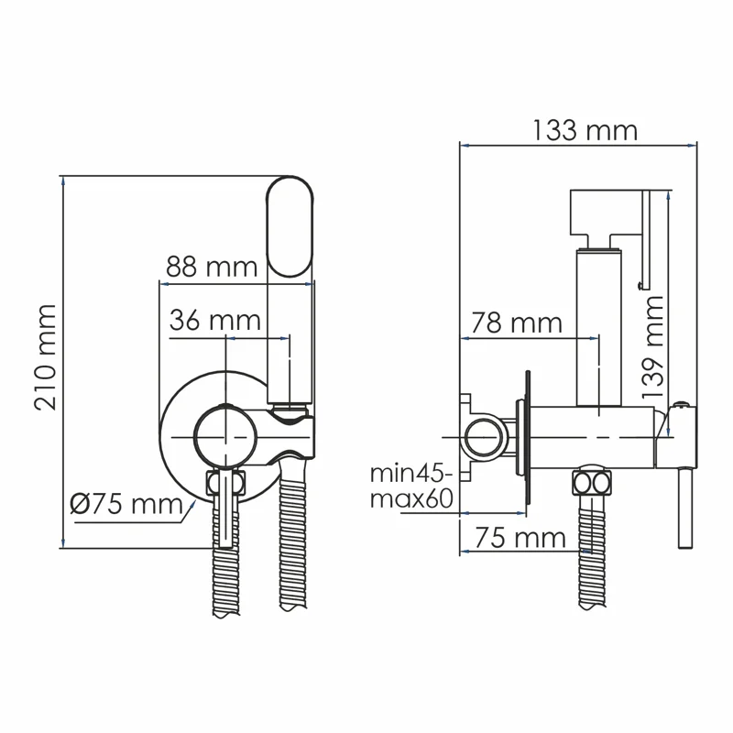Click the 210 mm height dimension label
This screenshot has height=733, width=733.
click(x=46, y=358)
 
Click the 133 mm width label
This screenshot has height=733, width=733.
click(x=584, y=130)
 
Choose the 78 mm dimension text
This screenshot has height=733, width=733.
click(x=516, y=323)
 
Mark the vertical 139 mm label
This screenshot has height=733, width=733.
click(x=651, y=345)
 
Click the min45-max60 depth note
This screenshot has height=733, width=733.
click(x=412, y=487)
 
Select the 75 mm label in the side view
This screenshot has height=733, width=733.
click(x=522, y=537)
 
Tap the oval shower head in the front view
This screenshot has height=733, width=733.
click(x=290, y=225)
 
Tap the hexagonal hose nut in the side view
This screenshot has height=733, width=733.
click(x=591, y=483)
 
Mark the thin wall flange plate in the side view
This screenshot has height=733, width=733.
click(x=528, y=438)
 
